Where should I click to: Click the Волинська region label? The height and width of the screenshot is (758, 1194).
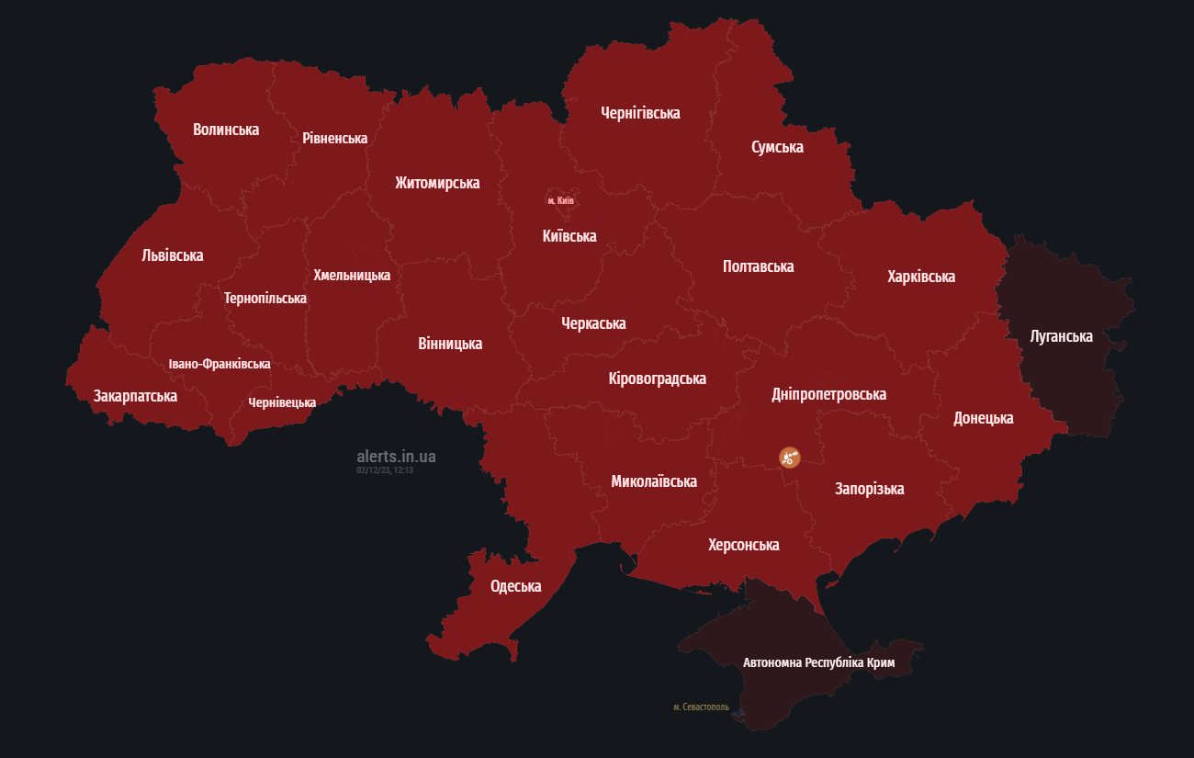tap(226, 130)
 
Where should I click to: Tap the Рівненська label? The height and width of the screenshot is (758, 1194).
tap(335, 139)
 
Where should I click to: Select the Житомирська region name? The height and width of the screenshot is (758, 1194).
tap(437, 183)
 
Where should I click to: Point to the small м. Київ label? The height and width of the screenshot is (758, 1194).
tap(560, 200)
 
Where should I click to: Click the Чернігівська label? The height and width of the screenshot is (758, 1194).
tap(640, 113)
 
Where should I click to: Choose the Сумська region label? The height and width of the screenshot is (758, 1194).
tap(777, 147)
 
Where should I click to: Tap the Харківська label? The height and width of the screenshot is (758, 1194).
tap(921, 277)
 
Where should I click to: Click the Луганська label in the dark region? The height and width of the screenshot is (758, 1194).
tap(1062, 336)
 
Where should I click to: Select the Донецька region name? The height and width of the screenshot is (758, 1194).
tap(984, 418)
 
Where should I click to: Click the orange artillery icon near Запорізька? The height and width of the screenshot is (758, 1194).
tap(790, 457)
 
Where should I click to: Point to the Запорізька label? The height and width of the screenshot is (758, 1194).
tap(869, 489)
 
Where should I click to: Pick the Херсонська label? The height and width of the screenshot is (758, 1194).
tap(744, 545)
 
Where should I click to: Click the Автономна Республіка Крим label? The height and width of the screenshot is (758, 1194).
tap(818, 662)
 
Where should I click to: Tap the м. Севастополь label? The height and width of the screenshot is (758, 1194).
tap(701, 707)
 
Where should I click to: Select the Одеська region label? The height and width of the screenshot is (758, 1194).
tap(516, 586)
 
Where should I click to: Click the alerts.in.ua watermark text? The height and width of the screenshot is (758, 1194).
tap(396, 456)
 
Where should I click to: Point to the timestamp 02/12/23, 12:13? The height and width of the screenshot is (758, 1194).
tap(385, 470)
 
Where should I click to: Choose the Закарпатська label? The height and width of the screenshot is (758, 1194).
tap(135, 396)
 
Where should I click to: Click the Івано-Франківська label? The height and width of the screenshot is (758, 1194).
tap(220, 364)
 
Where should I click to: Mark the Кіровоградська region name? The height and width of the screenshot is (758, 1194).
tap(657, 379)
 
